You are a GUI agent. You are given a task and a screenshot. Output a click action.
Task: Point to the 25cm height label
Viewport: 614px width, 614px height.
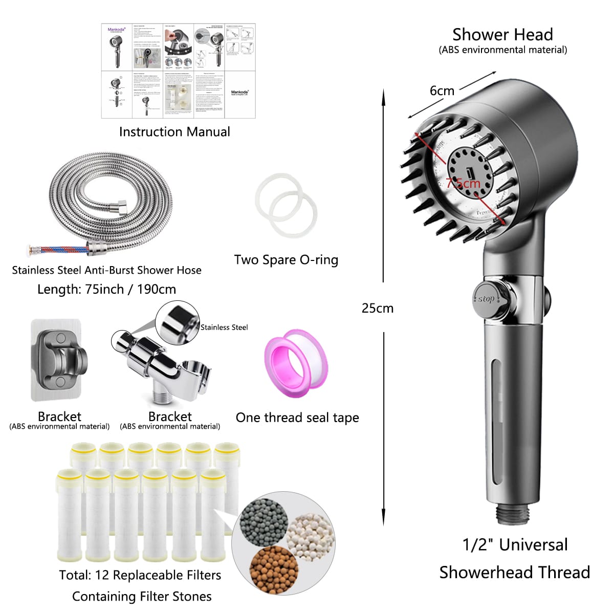coord(378,308)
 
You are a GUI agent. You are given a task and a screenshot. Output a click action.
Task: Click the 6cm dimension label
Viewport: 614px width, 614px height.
coord(442,91)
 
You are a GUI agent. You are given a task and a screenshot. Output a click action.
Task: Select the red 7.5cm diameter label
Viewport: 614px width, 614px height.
coord(464,183)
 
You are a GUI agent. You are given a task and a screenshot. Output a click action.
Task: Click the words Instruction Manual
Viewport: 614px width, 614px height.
coord(174,132)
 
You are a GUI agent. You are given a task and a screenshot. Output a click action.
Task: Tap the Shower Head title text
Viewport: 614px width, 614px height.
coord(502,35)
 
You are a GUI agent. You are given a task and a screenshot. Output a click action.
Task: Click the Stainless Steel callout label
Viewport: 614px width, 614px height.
coord(224,327)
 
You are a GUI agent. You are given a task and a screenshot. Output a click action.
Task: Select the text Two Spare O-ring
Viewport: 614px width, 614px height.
coord(286,260)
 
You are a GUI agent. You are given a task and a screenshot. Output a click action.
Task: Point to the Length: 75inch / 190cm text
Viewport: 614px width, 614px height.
coord(106,289)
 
